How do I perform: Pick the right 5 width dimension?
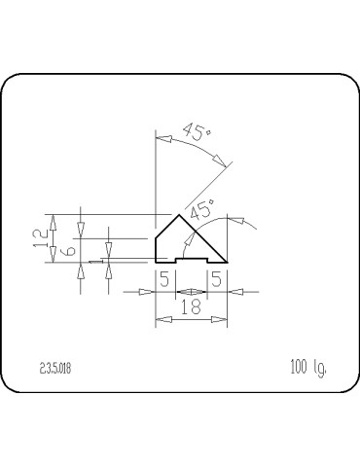(x=215, y=280)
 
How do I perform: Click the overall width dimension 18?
(x=191, y=306)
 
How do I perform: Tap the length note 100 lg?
(x=306, y=367)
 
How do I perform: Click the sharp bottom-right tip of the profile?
(x=228, y=262)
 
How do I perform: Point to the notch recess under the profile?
(x=190, y=258)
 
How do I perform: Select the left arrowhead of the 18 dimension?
(x=160, y=318)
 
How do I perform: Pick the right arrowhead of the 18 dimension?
(x=223, y=318)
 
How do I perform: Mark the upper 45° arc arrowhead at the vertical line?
(x=161, y=139)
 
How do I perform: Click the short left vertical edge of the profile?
(x=156, y=249)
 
